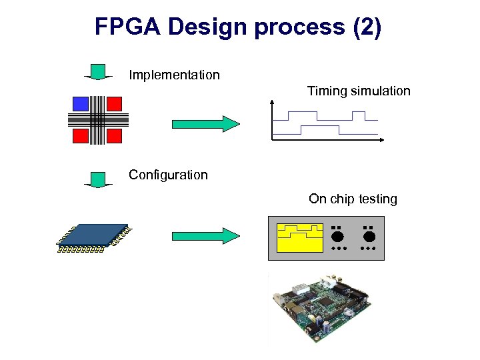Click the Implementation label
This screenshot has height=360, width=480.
click(x=174, y=75)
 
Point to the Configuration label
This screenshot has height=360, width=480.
click(x=168, y=175)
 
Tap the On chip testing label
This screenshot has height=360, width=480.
click(x=353, y=199)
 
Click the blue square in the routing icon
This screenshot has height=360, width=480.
click(x=81, y=103)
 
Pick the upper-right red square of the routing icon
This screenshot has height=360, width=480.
click(x=114, y=103)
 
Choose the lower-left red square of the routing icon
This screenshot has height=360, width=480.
click(x=81, y=136)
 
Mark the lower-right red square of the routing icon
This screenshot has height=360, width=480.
click(x=114, y=136)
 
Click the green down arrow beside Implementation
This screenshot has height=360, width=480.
click(x=98, y=71)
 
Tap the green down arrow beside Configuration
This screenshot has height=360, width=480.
click(x=98, y=179)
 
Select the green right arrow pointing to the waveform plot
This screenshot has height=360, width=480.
click(x=205, y=124)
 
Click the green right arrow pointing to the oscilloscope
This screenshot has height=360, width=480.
click(x=205, y=235)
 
